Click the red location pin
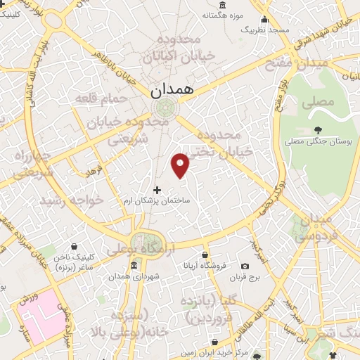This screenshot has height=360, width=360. [181, 165]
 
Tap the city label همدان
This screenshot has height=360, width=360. [166, 90]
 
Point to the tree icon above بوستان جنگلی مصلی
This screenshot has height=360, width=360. [319, 129]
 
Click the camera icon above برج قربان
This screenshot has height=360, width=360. [245, 266]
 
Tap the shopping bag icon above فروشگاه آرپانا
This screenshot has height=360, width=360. [205, 255]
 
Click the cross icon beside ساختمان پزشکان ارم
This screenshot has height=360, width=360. [156, 190]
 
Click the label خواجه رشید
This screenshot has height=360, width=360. [71, 200]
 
